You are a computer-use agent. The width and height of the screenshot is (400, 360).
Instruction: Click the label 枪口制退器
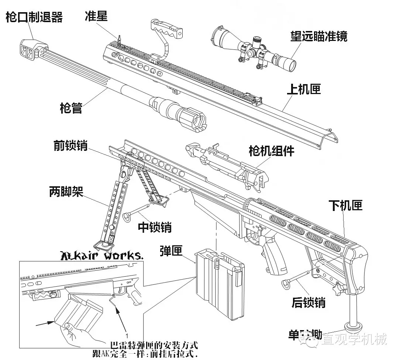pyautogui.click(x=34, y=18)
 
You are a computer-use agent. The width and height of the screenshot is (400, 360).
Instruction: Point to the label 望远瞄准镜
pyautogui.click(x=318, y=36)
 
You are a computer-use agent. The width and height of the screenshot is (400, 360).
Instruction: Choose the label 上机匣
pyautogui.click(x=303, y=90)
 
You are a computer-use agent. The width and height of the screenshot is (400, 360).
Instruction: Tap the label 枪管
pyautogui.click(x=71, y=108)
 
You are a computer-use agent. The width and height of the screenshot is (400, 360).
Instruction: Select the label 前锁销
pyautogui.click(x=70, y=146)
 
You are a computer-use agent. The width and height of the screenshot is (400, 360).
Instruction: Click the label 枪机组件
pyautogui.click(x=271, y=150)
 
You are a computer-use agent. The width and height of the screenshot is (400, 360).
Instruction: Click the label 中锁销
pyautogui.click(x=155, y=227)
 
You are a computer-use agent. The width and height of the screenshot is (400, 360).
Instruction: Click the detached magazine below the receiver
pyautogui.click(x=220, y=284)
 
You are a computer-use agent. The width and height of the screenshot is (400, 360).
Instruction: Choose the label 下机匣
pyautogui.click(x=345, y=205)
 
